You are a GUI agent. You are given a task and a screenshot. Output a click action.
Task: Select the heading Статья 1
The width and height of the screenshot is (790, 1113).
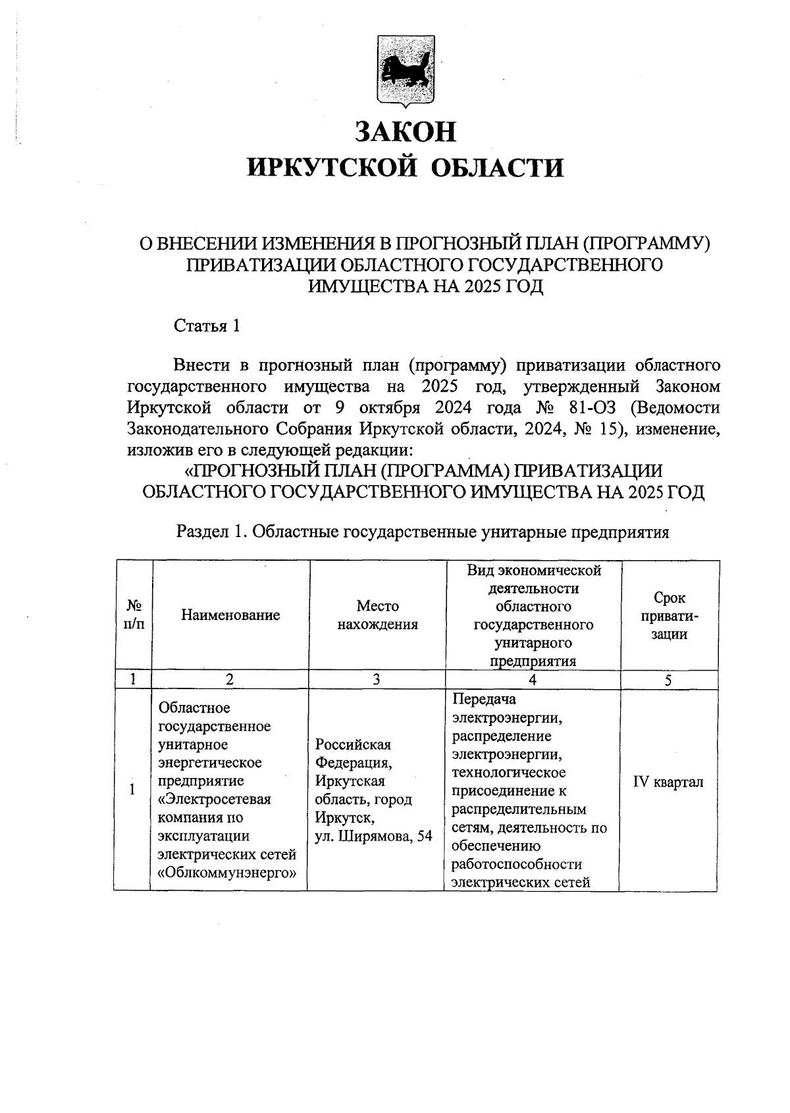[206, 325]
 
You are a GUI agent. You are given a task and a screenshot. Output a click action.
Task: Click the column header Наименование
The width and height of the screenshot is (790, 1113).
[230, 615]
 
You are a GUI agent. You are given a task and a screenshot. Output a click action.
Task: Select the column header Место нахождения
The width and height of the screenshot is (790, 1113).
[377, 615]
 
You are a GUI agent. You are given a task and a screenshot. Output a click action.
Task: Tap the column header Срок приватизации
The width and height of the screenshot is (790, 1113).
[670, 615]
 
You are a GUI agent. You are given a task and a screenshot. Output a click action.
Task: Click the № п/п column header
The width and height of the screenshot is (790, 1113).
[134, 615]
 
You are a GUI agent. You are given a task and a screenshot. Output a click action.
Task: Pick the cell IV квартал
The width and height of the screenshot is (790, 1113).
[668, 782]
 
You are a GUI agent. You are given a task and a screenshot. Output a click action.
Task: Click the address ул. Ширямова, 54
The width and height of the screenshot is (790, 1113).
[373, 836]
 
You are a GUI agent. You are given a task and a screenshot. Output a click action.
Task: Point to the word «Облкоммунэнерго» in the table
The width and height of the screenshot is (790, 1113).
[225, 873]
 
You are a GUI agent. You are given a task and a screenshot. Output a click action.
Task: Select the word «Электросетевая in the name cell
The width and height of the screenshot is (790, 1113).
[215, 799]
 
